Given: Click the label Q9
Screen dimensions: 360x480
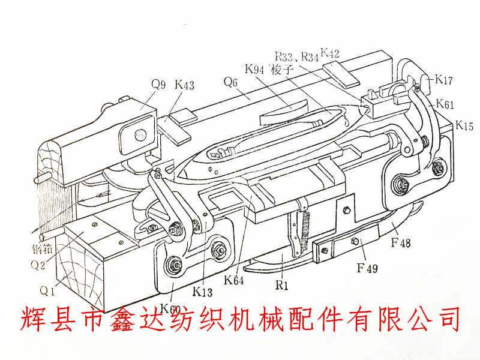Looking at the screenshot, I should point(158,85).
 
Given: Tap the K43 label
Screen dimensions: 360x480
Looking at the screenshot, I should point(184,85).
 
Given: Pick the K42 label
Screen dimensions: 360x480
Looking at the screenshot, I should point(330,53).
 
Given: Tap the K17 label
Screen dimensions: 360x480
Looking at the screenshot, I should point(444,79).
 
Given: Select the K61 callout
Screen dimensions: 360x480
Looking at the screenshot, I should point(445,103).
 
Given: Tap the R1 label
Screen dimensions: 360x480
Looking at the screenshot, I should point(282,286).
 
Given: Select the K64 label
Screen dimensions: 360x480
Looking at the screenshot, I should point(234,280).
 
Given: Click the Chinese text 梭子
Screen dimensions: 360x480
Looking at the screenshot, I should point(281,70).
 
